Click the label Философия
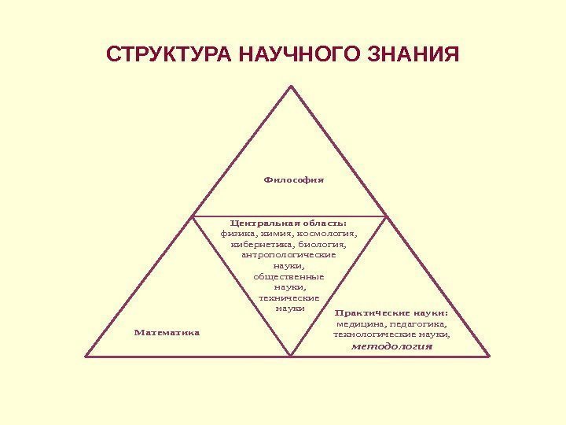coord(294,179)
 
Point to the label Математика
coord(167,332)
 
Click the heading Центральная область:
coord(289,222)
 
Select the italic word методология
coord(391,346)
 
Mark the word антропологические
coord(289,255)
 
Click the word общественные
coord(289,277)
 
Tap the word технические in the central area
coord(289,298)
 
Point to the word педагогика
coord(417,323)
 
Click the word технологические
coord(369,334)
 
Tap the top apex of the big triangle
coord(292,87)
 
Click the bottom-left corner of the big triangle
coord(86,357)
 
